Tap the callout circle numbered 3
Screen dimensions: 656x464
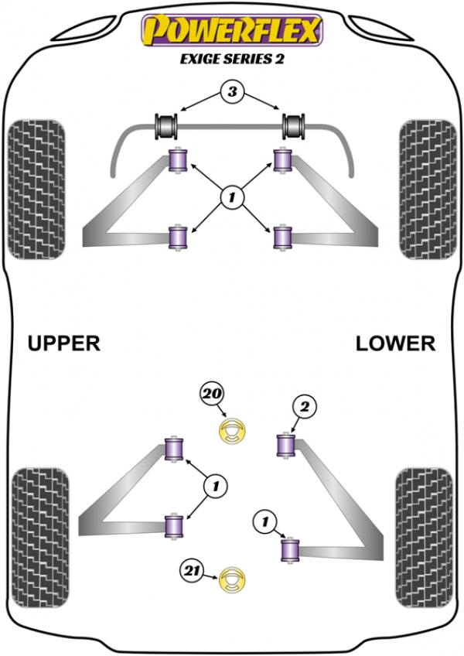[230, 94]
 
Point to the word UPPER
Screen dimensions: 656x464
[64, 343]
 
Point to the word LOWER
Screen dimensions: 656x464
[395, 343]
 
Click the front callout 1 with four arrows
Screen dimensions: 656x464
[230, 199]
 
